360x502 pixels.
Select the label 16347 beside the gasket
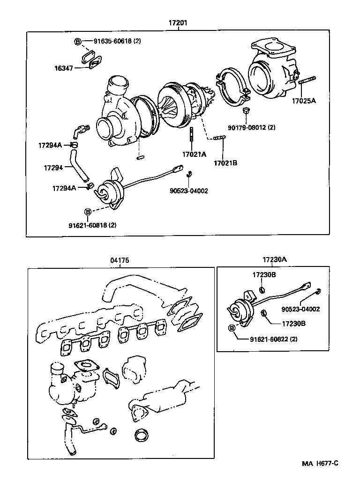click(63, 68)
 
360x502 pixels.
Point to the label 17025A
click(304, 100)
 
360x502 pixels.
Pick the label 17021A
click(194, 154)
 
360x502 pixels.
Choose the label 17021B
click(225, 163)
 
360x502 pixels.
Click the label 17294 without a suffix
click(53, 167)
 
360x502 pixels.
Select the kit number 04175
click(120, 260)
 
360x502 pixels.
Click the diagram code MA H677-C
click(320, 463)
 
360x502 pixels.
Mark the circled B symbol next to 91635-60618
click(78, 42)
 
